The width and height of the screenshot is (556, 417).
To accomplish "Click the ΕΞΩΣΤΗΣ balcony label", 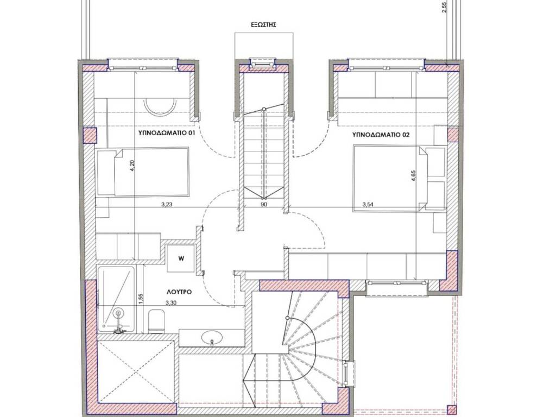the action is [x=263, y=25].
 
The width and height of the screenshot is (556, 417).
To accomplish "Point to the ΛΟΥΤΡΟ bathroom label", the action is [x=179, y=292].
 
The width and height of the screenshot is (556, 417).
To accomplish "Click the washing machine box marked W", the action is [x=181, y=258].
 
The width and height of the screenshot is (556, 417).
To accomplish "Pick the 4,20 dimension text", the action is [x=132, y=166].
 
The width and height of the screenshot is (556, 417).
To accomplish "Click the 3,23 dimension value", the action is [x=167, y=204].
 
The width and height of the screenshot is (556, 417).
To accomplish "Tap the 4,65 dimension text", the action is [x=413, y=176].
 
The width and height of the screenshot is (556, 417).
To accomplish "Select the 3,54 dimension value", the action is [x=369, y=204].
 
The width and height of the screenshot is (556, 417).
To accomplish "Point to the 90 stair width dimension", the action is [x=263, y=204].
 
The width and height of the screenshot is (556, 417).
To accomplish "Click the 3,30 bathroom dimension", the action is [x=172, y=303].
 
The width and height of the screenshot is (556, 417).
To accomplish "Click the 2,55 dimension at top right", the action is [x=444, y=7].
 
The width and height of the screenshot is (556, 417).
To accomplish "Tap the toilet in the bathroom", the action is [x=156, y=321].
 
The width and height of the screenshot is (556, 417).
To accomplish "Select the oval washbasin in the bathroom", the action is [x=211, y=337].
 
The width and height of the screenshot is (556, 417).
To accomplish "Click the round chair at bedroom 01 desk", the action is [x=160, y=106].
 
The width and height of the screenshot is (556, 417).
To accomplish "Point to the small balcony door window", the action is [x=263, y=64].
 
